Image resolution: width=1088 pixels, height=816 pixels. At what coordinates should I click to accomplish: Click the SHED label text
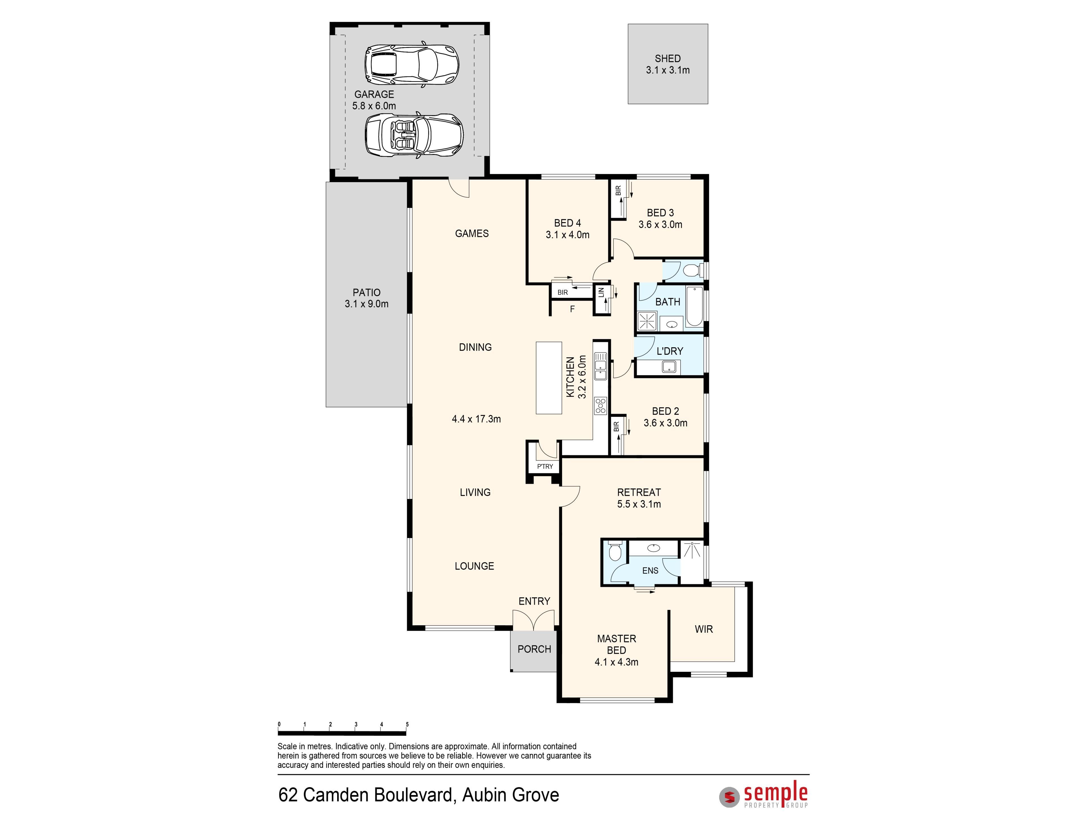click(668, 59)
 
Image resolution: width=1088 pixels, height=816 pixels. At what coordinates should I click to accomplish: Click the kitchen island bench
click(549, 378)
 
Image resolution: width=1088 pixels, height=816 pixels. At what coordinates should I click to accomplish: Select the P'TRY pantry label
click(545, 466)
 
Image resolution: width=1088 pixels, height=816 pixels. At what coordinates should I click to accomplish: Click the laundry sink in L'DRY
click(669, 366)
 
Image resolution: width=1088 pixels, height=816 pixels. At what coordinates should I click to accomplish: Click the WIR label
click(704, 629)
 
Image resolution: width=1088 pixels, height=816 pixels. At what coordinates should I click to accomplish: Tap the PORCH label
click(534, 649)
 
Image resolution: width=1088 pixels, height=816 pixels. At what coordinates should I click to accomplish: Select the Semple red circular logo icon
click(729, 797)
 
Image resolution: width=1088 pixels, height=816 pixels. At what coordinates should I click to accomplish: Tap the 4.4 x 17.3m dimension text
click(476, 419)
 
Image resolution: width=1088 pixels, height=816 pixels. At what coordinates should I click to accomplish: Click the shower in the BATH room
click(647, 321)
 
